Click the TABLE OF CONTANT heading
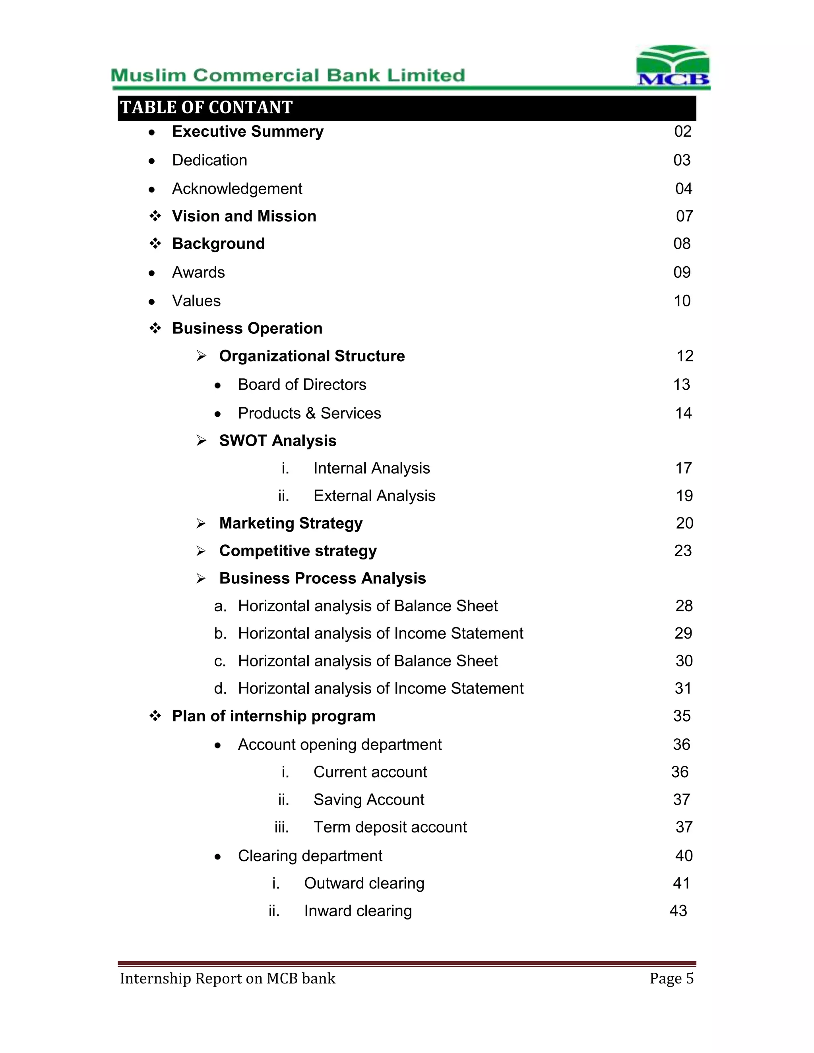tap(206, 108)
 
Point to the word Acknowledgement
tap(237, 188)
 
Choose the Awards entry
tap(198, 273)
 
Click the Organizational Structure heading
tap(312, 356)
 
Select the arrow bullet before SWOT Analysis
tap(201, 441)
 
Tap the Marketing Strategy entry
tap(290, 523)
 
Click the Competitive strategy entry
tap(298, 551)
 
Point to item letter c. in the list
tap(220, 661)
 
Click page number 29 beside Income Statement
tap(683, 633)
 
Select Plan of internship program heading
tap(273, 716)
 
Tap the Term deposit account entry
tap(390, 827)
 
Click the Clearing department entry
tap(310, 856)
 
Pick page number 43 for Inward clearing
tap(678, 911)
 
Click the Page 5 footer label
tap(671, 978)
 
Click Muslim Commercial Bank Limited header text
tap(287, 75)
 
